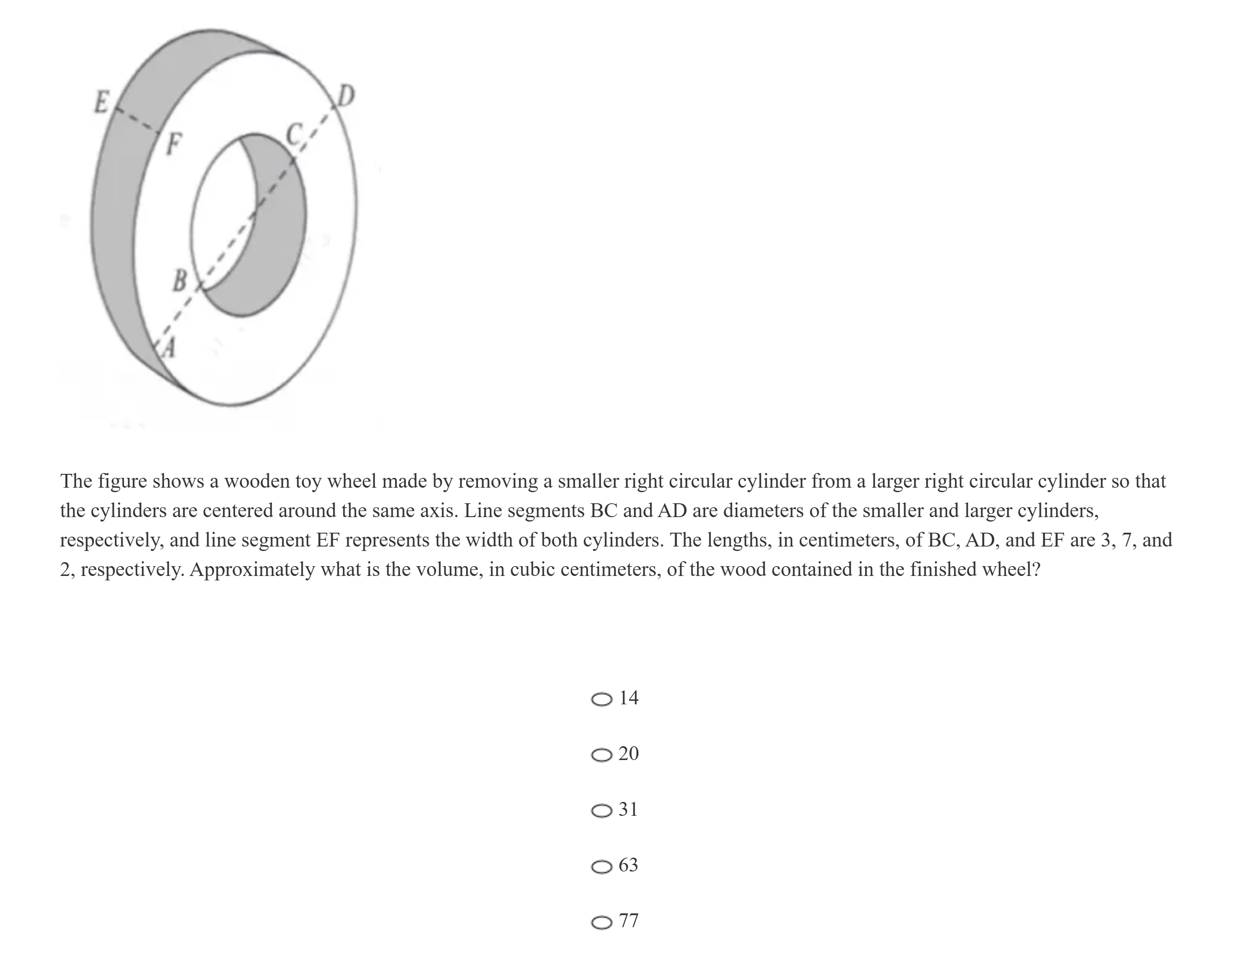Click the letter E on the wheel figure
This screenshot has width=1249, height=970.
coord(101,103)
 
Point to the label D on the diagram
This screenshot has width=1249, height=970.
coord(345,96)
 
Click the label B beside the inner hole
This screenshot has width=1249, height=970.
coord(180,280)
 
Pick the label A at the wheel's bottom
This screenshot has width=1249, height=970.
coord(168,347)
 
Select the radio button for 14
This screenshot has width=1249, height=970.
coord(601,699)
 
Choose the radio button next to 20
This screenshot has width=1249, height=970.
coord(601,755)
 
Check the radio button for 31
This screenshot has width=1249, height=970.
coord(601,811)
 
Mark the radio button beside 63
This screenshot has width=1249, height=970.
coord(601,867)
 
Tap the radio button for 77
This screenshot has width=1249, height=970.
coord(601,923)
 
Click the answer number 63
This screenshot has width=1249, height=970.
coord(628,865)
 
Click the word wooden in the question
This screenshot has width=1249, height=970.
coord(257,481)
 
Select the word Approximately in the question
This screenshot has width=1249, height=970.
coord(252,570)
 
